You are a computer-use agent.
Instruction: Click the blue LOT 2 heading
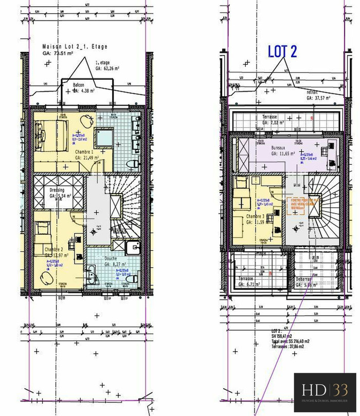[x=283, y=51]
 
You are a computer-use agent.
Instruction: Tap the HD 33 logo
[x=325, y=389]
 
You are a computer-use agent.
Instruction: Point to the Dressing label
[x=57, y=190]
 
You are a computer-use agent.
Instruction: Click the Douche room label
[x=112, y=259]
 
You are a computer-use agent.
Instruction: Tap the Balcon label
[x=78, y=85]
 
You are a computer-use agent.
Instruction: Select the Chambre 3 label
[x=255, y=217]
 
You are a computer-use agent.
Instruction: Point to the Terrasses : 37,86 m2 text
[x=287, y=347]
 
